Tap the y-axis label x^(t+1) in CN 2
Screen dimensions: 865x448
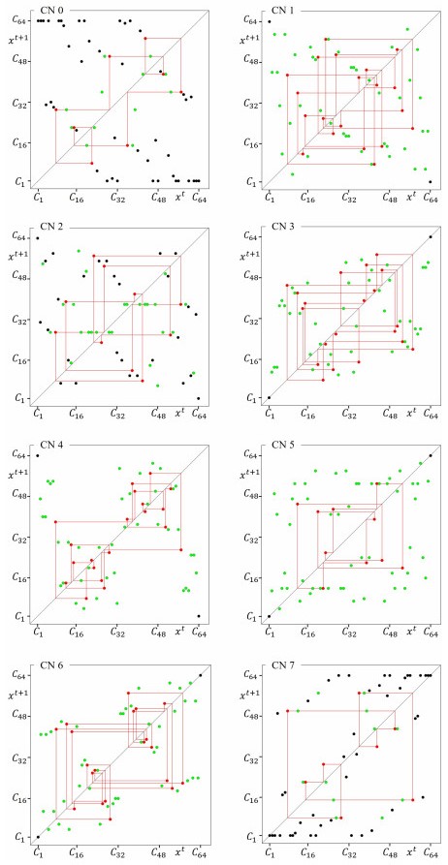click(x=17, y=257)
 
